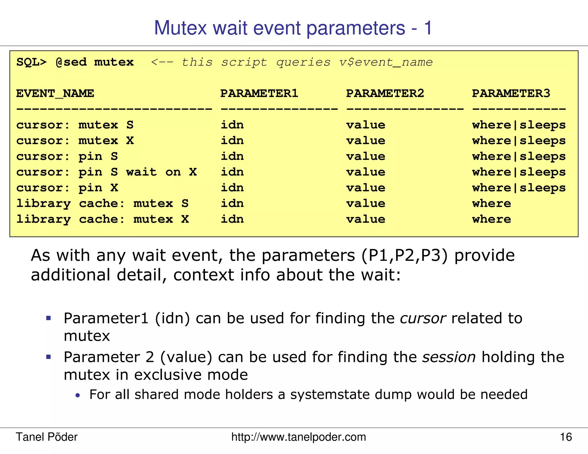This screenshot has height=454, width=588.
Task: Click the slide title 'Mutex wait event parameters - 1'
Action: point(293,28)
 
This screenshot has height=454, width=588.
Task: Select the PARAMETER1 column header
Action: point(259,94)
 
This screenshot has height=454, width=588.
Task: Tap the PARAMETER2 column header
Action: point(385,94)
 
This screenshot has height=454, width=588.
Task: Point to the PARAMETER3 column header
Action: point(511,94)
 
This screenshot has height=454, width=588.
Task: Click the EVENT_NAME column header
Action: point(55,94)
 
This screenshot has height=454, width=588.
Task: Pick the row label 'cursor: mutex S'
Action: point(75,125)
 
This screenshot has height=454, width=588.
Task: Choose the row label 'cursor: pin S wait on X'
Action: point(106,172)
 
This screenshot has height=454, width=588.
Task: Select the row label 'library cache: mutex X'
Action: point(102,219)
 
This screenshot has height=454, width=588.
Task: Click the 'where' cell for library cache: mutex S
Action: point(492,203)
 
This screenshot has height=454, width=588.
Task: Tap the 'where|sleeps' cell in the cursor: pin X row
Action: point(519,188)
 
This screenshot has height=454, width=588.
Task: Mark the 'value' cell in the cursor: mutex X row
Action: point(365,141)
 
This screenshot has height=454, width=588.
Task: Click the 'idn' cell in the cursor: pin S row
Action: point(232,156)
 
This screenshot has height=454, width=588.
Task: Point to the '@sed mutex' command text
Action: point(94,62)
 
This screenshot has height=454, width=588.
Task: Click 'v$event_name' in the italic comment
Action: point(386,62)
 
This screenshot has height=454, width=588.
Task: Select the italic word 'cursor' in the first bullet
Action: point(423,318)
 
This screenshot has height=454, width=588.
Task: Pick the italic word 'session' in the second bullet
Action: point(449,357)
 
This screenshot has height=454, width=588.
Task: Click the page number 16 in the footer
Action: point(566,437)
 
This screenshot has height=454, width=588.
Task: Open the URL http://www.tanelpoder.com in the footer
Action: point(299,437)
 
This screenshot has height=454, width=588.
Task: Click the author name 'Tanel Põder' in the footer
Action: point(47,437)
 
